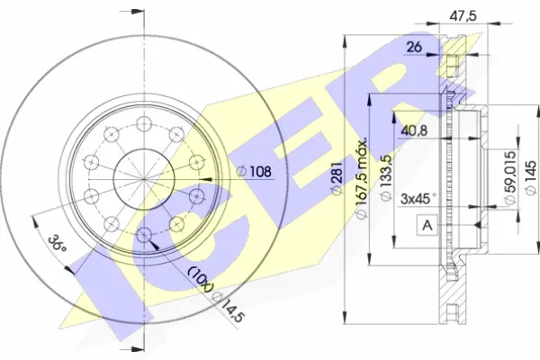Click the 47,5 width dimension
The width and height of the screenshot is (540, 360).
point(463,16)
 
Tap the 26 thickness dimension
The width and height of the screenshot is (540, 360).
point(414,47)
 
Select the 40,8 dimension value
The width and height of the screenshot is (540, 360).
point(414,130)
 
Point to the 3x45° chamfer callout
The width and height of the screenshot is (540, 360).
point(418,199)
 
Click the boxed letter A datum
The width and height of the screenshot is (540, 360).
point(427,225)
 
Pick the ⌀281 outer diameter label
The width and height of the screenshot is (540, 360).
point(337,178)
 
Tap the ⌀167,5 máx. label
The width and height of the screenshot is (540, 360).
point(362,178)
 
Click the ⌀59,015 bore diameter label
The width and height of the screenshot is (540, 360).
point(509,176)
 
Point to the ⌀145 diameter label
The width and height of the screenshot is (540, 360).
point(530,177)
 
